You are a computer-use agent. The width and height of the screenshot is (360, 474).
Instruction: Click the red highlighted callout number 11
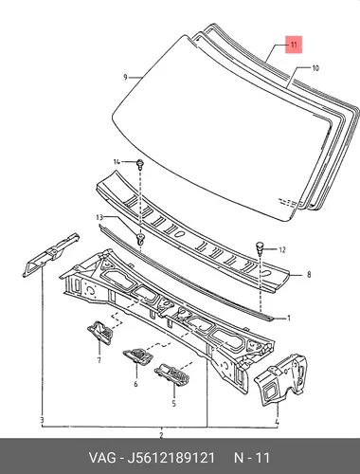click(294, 45)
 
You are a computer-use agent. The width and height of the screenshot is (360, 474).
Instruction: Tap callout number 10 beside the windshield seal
click(315, 68)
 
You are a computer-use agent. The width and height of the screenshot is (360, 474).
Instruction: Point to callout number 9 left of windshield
click(125, 77)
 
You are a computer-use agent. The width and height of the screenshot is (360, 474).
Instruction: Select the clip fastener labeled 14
click(140, 164)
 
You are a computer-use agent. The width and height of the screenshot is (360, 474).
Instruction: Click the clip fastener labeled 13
click(140, 239)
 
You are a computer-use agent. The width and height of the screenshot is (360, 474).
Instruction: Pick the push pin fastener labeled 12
click(260, 247)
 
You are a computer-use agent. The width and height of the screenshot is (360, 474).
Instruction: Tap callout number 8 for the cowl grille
click(309, 275)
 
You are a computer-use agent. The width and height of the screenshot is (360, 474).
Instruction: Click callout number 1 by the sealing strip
click(288, 319)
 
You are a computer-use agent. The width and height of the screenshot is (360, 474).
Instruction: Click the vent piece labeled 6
click(137, 356)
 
